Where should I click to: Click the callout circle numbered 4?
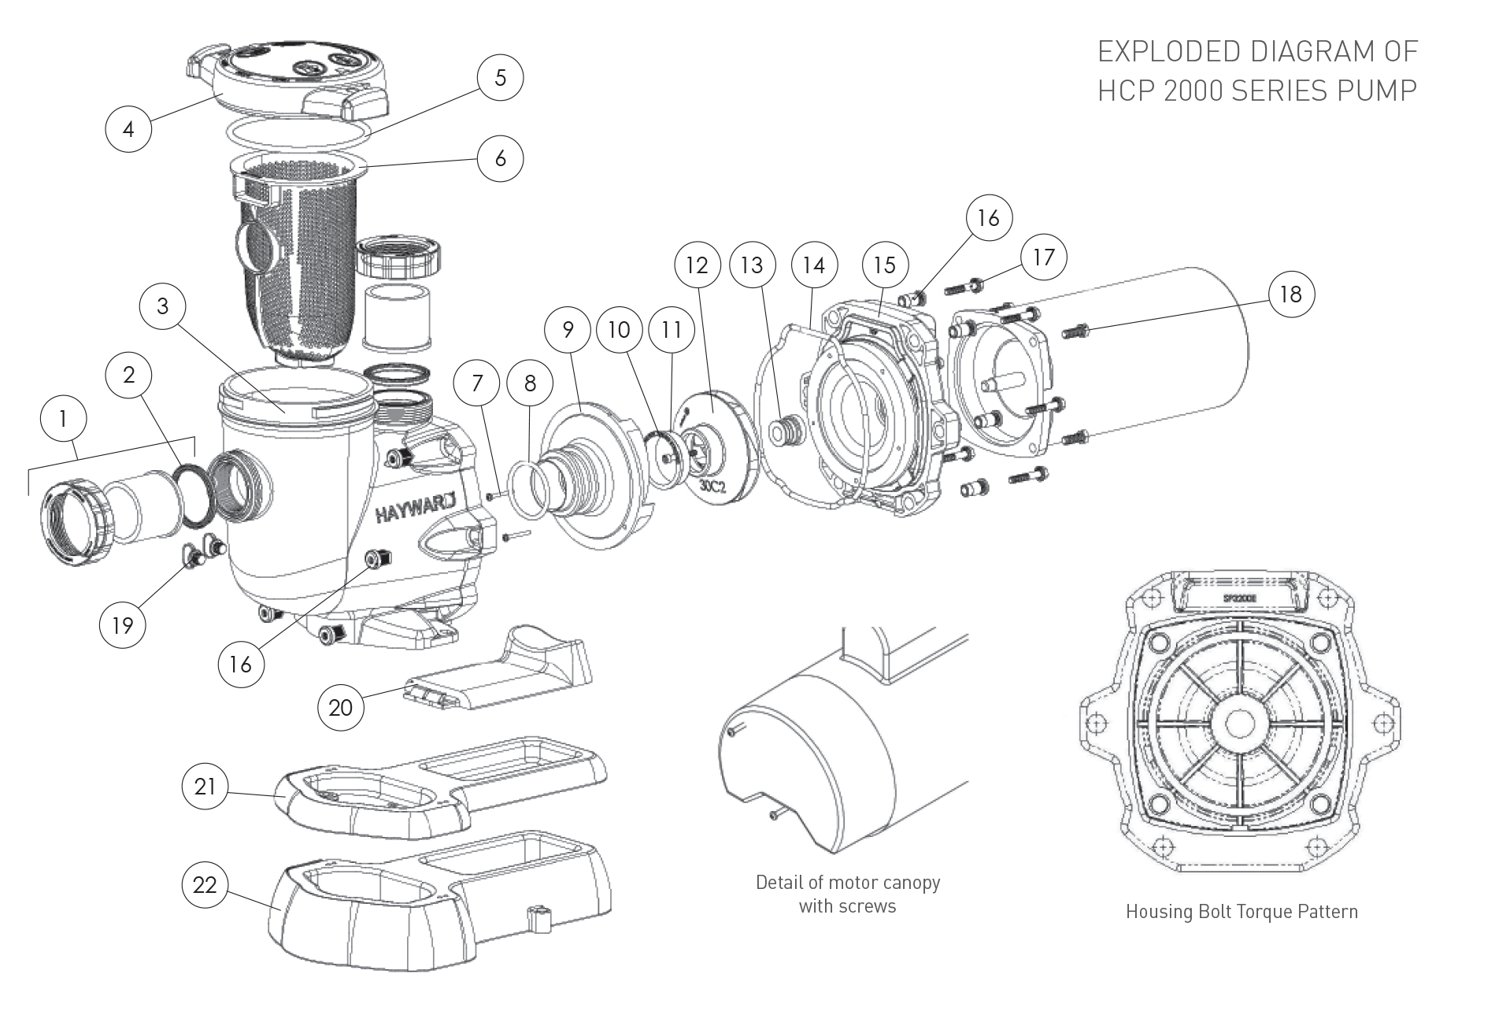tap(128, 128)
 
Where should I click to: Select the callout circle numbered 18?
tap(1290, 294)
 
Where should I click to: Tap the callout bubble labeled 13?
tap(752, 265)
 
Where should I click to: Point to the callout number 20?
tap(340, 708)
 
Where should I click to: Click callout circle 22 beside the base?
tap(205, 885)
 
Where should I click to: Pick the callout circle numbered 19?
tap(123, 625)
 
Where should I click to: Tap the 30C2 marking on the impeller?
tap(712, 487)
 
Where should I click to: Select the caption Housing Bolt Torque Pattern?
tap(1242, 912)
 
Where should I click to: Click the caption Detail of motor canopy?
tap(847, 882)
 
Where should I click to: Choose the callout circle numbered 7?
tap(476, 384)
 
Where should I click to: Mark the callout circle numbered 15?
tap(884, 265)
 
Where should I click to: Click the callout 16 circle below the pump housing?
tap(240, 665)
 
